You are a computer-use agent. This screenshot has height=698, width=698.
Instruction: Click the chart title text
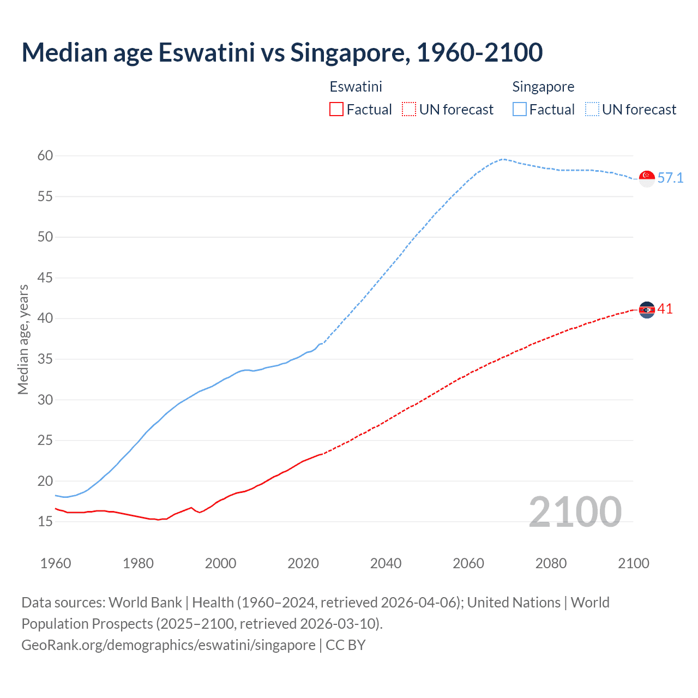(282, 52)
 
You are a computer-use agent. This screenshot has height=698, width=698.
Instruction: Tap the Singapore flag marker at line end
(647, 178)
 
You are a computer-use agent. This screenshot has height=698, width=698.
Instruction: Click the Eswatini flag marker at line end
(647, 310)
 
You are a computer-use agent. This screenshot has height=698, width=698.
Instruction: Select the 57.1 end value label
(670, 178)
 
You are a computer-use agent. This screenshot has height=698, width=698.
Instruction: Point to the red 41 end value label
(665, 309)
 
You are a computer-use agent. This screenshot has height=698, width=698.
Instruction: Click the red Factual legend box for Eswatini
(336, 110)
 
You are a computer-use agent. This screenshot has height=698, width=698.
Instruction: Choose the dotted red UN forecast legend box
(409, 110)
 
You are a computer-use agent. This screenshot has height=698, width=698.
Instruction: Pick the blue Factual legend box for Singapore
(520, 110)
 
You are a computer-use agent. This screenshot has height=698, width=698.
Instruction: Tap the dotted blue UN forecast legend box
(592, 110)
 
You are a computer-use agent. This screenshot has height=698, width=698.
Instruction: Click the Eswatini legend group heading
(356, 87)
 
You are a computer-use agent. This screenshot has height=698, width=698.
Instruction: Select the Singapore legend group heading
(543, 87)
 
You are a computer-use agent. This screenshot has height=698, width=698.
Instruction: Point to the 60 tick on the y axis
(45, 156)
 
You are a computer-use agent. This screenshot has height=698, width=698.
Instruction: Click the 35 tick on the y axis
(45, 359)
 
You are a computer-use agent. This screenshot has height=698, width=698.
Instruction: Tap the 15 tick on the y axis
(45, 522)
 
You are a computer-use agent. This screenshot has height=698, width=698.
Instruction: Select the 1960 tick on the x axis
(56, 563)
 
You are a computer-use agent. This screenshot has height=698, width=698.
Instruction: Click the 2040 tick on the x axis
(386, 563)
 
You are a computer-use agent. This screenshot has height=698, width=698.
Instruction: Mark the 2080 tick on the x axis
(551, 563)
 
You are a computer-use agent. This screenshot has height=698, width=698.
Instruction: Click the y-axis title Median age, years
(23, 339)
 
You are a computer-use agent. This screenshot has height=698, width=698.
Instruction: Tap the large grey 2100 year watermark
(575, 512)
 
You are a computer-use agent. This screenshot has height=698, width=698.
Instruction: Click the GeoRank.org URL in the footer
(168, 645)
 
